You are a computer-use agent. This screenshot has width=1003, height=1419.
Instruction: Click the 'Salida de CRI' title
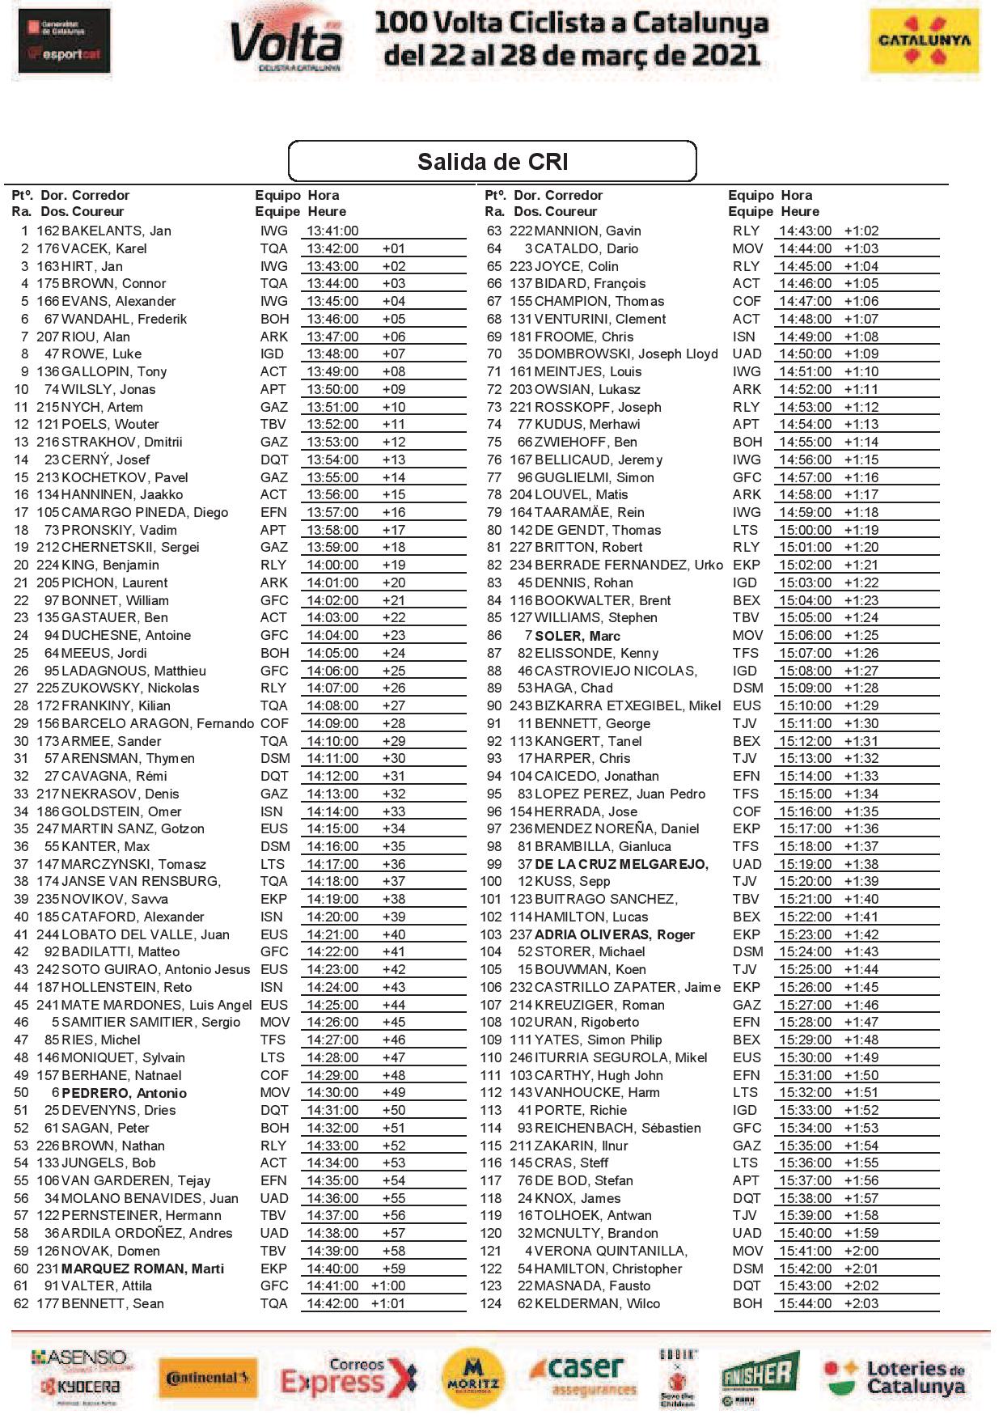(x=492, y=162)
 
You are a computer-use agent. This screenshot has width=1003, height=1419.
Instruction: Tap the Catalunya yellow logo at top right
(x=923, y=41)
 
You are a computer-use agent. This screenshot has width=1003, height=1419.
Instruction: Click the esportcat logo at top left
(x=64, y=41)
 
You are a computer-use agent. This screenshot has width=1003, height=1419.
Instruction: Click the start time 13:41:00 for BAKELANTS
(x=332, y=231)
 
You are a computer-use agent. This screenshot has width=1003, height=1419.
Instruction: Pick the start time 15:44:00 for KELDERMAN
(x=805, y=1303)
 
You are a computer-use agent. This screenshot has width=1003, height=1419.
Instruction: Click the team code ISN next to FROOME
(x=744, y=337)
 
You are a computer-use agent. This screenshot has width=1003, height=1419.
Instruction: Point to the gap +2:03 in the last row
(x=861, y=1303)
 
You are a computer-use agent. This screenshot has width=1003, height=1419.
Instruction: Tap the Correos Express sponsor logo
(x=349, y=1377)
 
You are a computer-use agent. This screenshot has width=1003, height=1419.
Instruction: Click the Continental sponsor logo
(x=207, y=1378)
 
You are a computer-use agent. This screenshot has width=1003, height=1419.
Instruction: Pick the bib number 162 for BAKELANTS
(x=48, y=231)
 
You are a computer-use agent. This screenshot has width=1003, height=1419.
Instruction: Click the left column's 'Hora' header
(x=324, y=195)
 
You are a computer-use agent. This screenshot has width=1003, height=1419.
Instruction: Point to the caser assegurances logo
(x=583, y=1377)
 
